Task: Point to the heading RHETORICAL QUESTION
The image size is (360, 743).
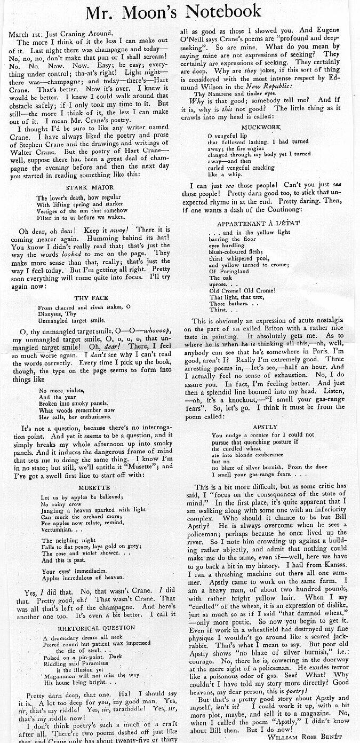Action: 89,628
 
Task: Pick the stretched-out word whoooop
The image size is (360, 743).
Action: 158,331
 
